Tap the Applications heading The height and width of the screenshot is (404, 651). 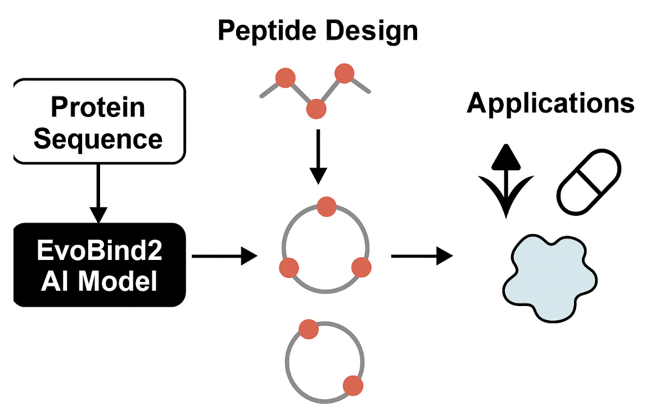click(550, 103)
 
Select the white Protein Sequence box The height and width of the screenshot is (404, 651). click(98, 121)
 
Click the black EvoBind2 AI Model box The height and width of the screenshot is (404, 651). click(98, 265)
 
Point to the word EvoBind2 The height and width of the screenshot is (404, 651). click(100, 250)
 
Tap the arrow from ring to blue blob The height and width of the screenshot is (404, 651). click(422, 257)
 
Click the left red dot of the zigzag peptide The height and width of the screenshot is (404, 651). click(285, 78)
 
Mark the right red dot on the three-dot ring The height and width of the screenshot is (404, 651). click(361, 267)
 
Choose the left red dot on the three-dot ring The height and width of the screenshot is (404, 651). click(289, 267)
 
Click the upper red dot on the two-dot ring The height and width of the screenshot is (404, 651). click(309, 329)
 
